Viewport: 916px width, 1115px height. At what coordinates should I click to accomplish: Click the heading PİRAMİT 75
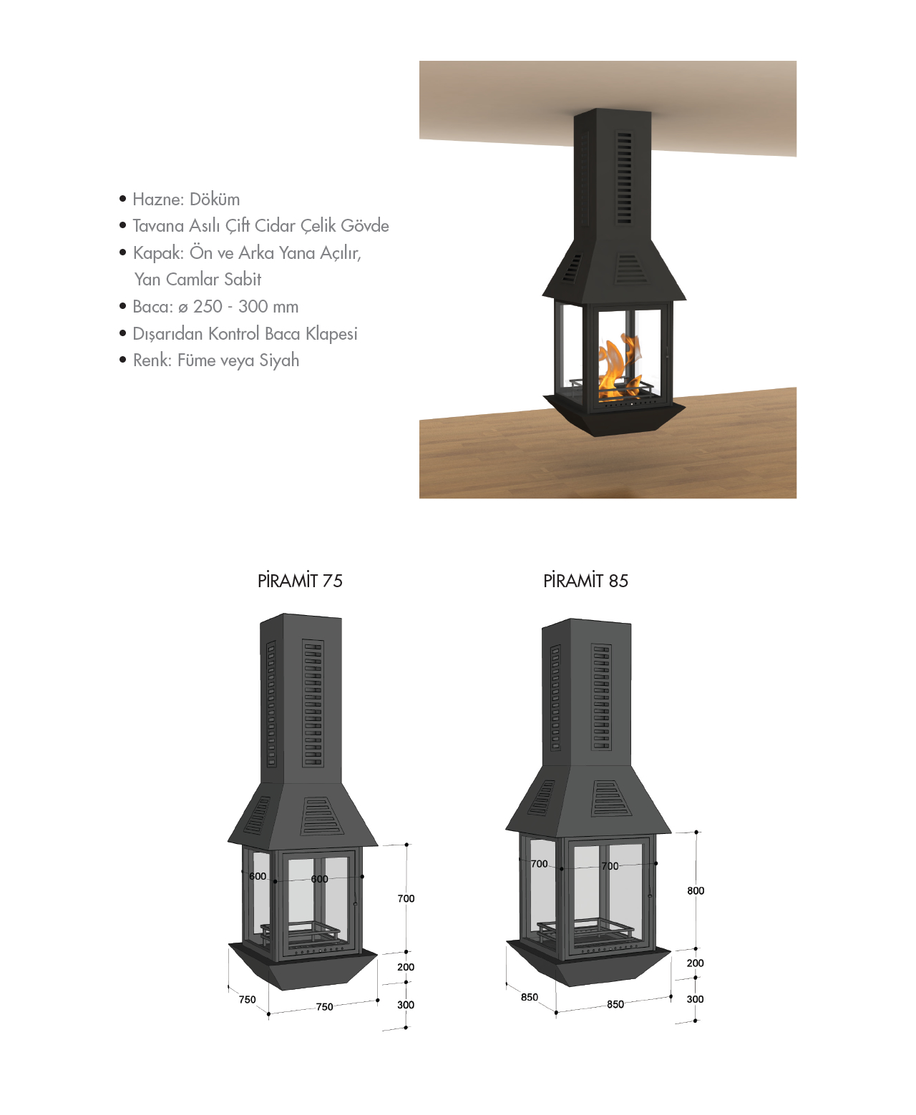pyautogui.click(x=300, y=580)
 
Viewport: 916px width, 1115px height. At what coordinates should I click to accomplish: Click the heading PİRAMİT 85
pyautogui.click(x=585, y=580)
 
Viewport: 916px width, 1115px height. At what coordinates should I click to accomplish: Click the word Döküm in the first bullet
pyautogui.click(x=215, y=199)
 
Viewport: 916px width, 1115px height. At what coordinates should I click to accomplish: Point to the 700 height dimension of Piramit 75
pyautogui.click(x=406, y=898)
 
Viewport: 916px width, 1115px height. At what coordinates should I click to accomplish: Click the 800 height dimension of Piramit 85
pyautogui.click(x=696, y=890)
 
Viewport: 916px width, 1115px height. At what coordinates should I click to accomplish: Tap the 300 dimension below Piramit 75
pyautogui.click(x=406, y=1005)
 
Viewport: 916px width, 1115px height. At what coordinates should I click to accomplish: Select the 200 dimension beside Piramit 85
pyautogui.click(x=695, y=963)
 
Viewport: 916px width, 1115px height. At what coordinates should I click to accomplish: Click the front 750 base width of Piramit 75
pyautogui.click(x=325, y=1006)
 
